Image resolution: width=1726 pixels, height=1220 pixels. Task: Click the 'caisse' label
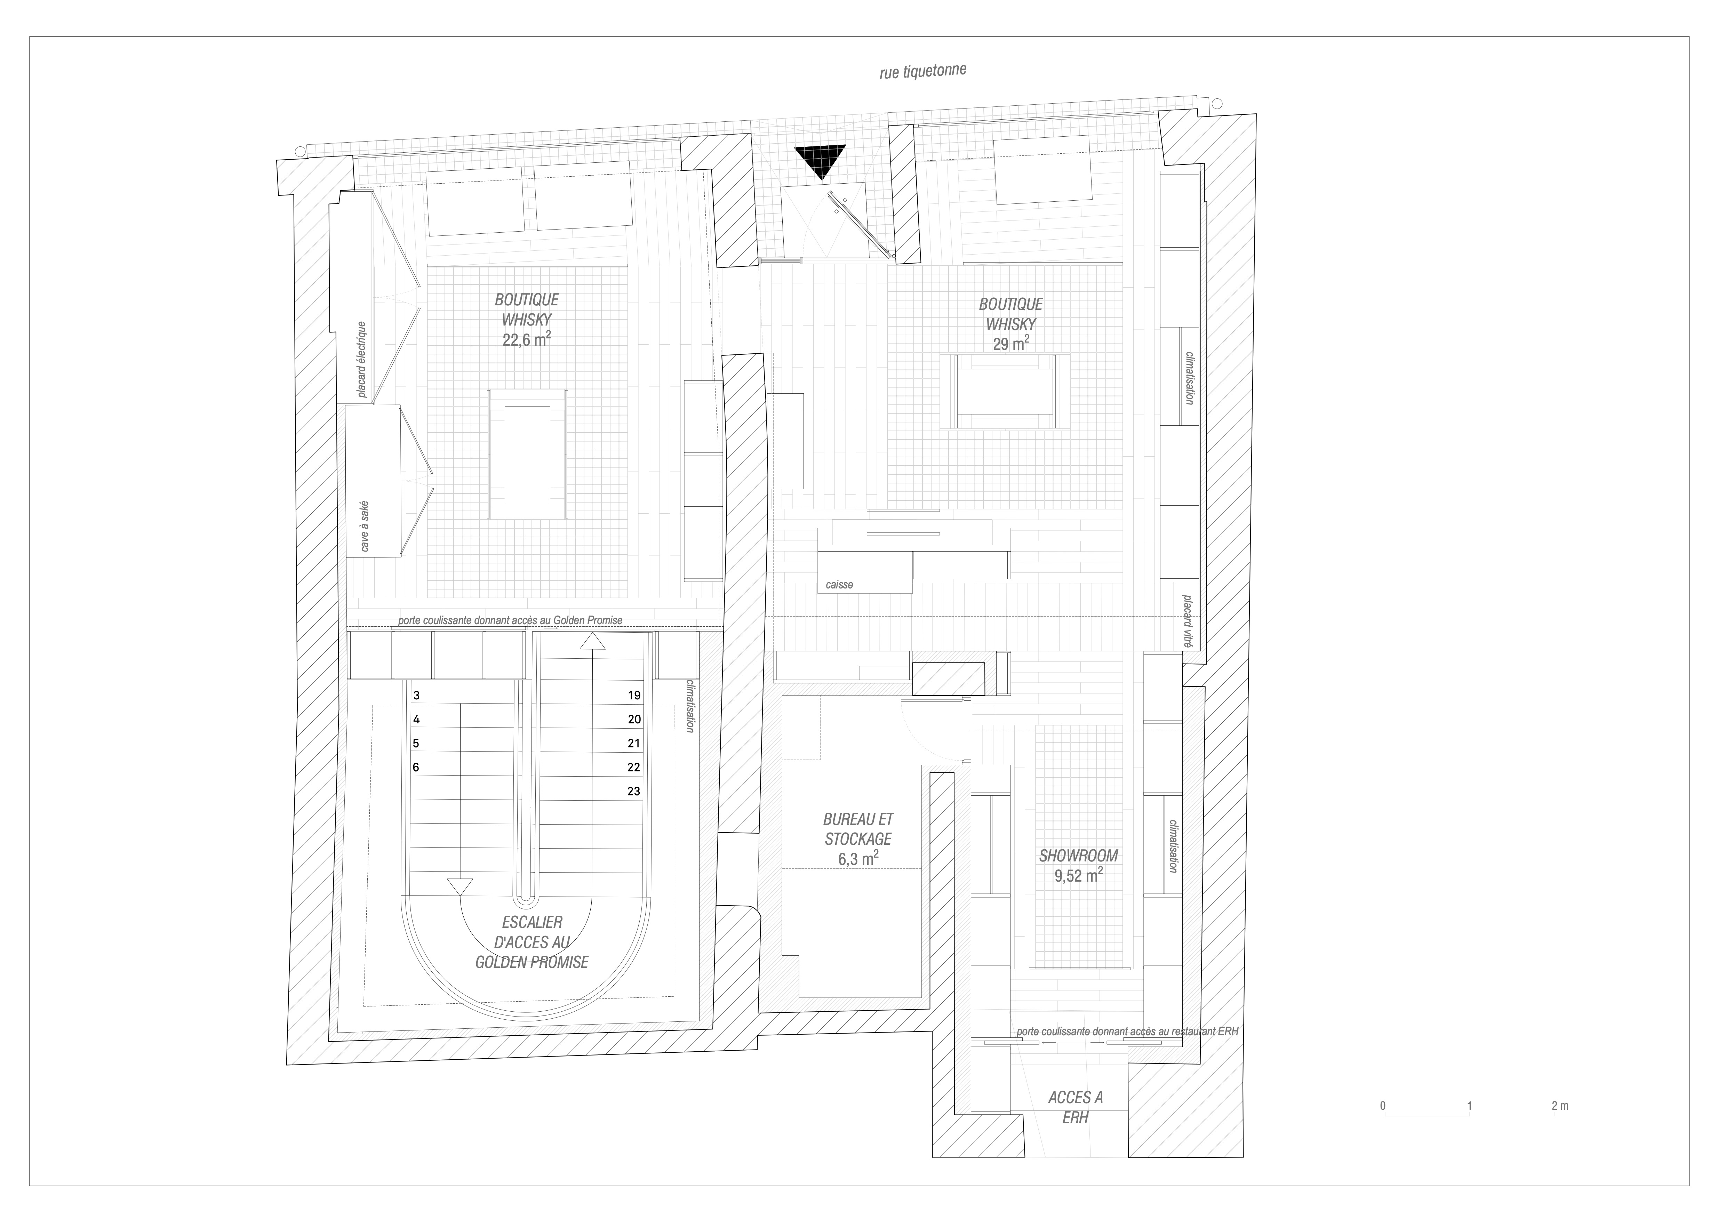[x=839, y=584]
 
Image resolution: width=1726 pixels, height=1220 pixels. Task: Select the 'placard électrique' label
[x=362, y=359]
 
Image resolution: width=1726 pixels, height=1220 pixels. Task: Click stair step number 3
[x=416, y=695]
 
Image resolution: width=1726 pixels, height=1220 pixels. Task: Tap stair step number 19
[x=634, y=695]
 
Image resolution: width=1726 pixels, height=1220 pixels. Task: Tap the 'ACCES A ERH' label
[x=1076, y=1107]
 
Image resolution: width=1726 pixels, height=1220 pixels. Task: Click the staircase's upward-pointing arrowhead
[x=592, y=641]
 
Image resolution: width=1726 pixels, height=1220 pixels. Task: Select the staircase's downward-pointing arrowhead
[x=459, y=887]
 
